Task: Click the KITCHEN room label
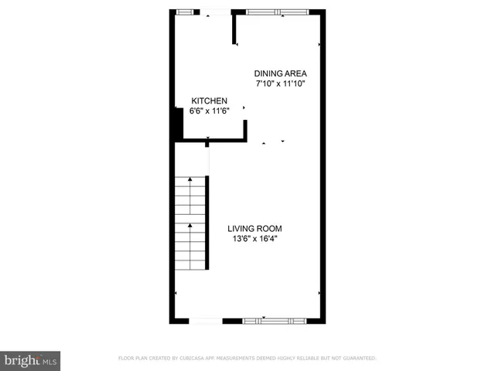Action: pos(210,100)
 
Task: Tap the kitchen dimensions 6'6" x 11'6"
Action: pos(210,111)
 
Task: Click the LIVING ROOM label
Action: pos(254,228)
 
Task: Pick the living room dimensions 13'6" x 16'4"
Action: pos(254,239)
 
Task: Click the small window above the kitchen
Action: pos(184,12)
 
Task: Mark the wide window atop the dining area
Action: pos(276,12)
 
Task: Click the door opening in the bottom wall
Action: pos(205,320)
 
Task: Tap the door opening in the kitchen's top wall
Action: pos(216,12)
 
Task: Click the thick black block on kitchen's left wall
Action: pos(177,124)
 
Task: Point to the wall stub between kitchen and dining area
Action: pos(234,29)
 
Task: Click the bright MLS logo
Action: pos(30,359)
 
